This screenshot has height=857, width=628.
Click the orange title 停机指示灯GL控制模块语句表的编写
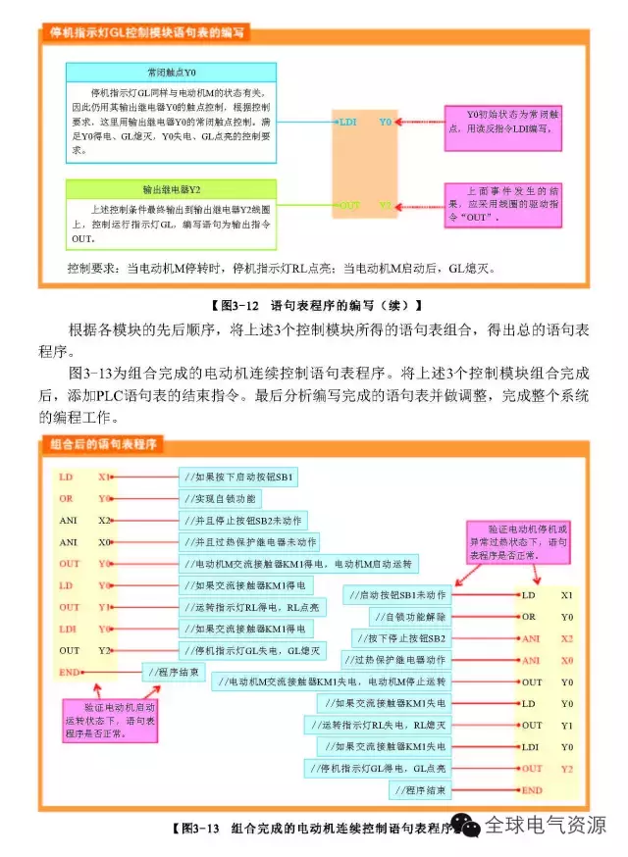click(x=147, y=32)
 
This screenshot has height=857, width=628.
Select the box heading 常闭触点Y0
click(x=172, y=73)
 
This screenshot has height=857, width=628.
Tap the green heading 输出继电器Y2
click(x=172, y=188)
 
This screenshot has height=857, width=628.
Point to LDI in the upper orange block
click(x=347, y=123)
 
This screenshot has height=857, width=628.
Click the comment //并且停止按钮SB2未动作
click(x=244, y=521)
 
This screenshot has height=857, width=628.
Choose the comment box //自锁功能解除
click(x=410, y=617)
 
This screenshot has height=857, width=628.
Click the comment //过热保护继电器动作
click(x=396, y=660)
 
